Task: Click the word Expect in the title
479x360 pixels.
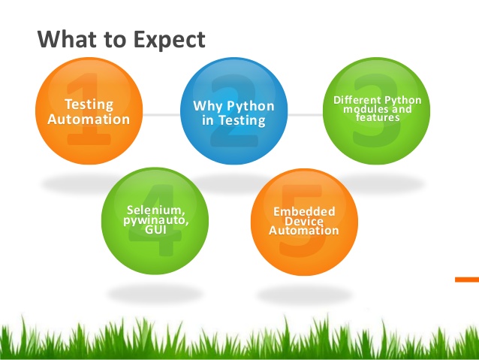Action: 164,38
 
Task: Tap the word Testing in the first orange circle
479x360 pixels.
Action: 89,104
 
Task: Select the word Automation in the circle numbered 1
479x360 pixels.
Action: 89,119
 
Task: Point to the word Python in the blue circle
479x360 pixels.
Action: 250,106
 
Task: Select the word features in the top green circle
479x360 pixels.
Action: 378,118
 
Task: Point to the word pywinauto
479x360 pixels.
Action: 155,220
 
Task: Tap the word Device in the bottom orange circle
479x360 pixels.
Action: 303,222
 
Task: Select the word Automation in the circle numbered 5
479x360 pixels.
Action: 303,231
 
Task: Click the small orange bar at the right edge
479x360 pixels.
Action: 466,279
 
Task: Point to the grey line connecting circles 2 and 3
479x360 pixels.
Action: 304,115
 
